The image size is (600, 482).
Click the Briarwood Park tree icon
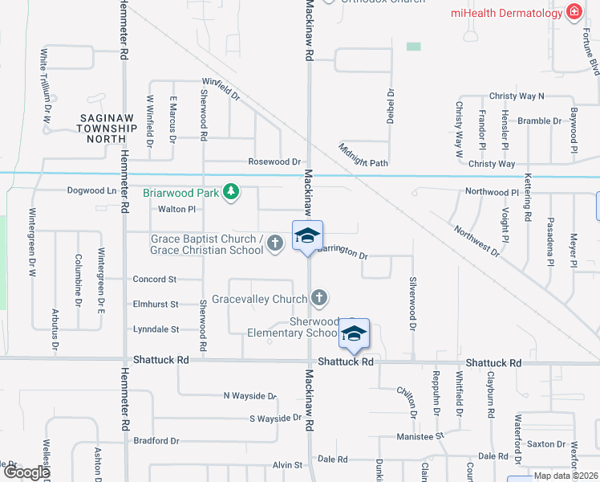[x=231, y=191]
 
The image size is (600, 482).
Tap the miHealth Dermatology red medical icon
[x=574, y=12]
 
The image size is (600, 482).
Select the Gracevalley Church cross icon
[x=319, y=299]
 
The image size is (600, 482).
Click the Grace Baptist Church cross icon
[x=275, y=243]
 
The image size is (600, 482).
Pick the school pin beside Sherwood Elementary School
[x=353, y=335]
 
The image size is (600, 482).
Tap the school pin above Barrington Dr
[x=307, y=236]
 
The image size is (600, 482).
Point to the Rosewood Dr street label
[x=274, y=161]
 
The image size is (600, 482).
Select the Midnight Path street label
[x=363, y=153]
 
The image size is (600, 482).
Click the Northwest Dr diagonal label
[x=476, y=240]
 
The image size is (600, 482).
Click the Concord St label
[x=154, y=280]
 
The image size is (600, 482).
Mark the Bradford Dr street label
[x=156, y=441]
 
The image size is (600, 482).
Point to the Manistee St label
[x=420, y=436]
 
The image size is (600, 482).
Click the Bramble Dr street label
[x=539, y=120]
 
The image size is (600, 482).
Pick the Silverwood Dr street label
[x=413, y=305]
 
